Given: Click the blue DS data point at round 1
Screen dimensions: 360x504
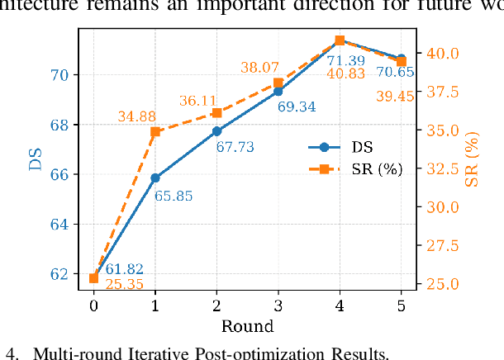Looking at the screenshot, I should [155, 178].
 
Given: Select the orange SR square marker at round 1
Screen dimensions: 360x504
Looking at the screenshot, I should [155, 131].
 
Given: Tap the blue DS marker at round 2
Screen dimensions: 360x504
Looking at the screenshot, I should [216, 130].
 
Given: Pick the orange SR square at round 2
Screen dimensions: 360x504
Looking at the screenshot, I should [216, 112].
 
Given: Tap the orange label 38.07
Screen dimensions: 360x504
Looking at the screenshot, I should [259, 68].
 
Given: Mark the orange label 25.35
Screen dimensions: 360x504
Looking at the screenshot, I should [125, 285].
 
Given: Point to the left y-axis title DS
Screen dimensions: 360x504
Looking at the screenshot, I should [36, 159].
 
